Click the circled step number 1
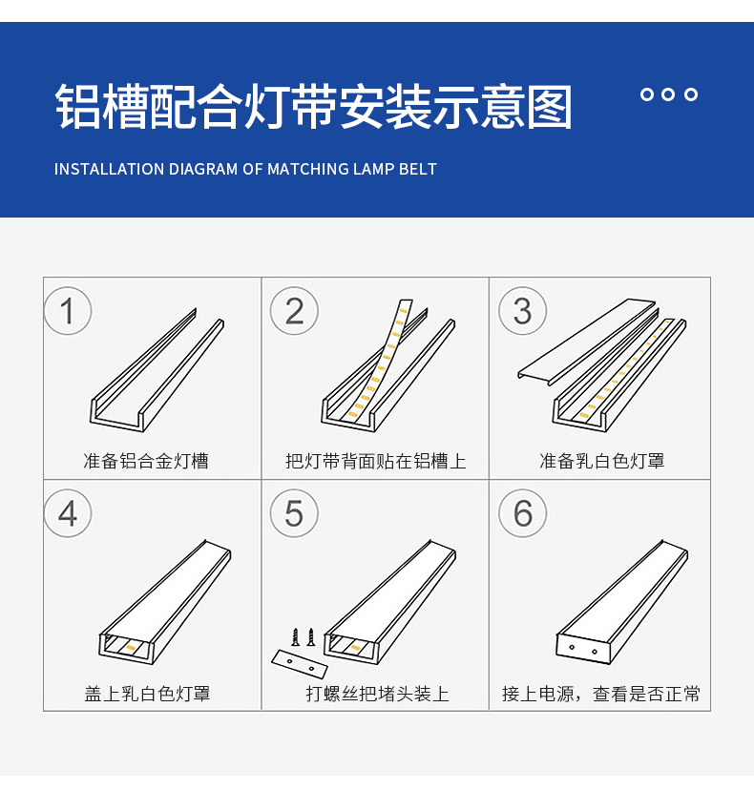click(x=68, y=311)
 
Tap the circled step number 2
click(x=294, y=311)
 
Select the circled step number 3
click(x=522, y=311)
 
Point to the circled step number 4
click(x=68, y=513)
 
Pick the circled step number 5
click(x=294, y=513)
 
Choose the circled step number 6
click(x=522, y=513)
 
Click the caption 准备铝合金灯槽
click(x=146, y=461)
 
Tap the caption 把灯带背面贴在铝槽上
click(x=376, y=461)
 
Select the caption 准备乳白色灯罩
click(x=602, y=461)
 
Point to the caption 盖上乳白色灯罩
click(x=147, y=694)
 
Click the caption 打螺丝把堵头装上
click(x=377, y=694)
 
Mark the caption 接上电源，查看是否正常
click(x=601, y=694)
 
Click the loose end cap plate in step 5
click(x=300, y=664)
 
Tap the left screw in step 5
click(x=296, y=637)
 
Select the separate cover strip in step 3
click(x=587, y=342)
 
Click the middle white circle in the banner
click(x=668, y=94)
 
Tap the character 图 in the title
click(x=550, y=108)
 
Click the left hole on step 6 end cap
click(x=572, y=647)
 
